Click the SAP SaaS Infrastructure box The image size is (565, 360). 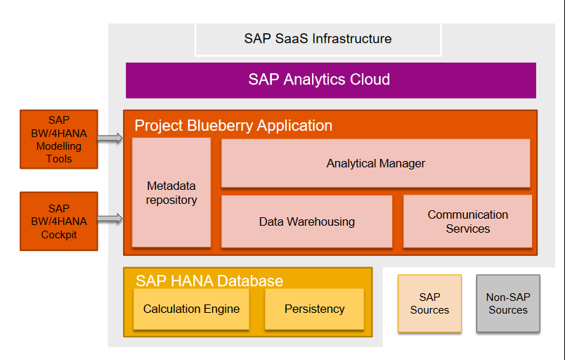pyautogui.click(x=318, y=39)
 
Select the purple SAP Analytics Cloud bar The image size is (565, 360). pyautogui.click(x=330, y=80)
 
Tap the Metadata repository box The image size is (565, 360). pyautogui.click(x=171, y=193)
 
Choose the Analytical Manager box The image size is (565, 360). pyautogui.click(x=375, y=163)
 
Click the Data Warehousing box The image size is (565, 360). pyautogui.click(x=306, y=221)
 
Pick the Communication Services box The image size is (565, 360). pyautogui.click(x=467, y=221)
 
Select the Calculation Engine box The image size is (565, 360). pyautogui.click(x=191, y=309)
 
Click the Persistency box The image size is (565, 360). pyautogui.click(x=314, y=309)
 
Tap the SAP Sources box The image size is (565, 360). pyautogui.click(x=429, y=303)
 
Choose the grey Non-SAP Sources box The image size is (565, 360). pyautogui.click(x=507, y=303)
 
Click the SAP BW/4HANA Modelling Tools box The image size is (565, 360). pyautogui.click(x=59, y=139)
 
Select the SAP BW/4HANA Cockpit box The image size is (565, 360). pyautogui.click(x=59, y=221)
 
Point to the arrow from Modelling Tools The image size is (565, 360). pyautogui.click(x=110, y=139)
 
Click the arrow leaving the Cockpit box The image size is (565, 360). pyautogui.click(x=110, y=220)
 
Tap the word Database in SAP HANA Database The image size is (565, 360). pyautogui.click(x=249, y=281)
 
